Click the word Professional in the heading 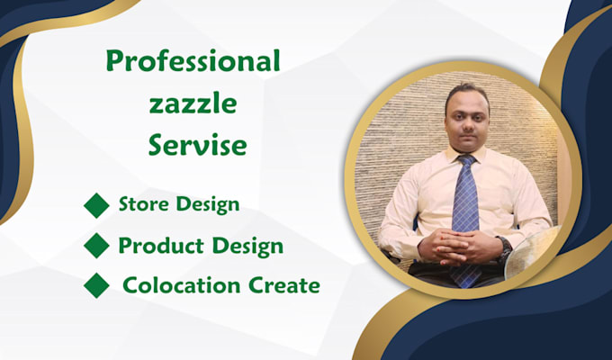tap(193, 63)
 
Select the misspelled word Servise tap(197, 145)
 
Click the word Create tap(278, 286)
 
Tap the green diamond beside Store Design tap(96, 205)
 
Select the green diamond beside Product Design tap(96, 246)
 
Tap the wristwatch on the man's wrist tap(504, 245)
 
